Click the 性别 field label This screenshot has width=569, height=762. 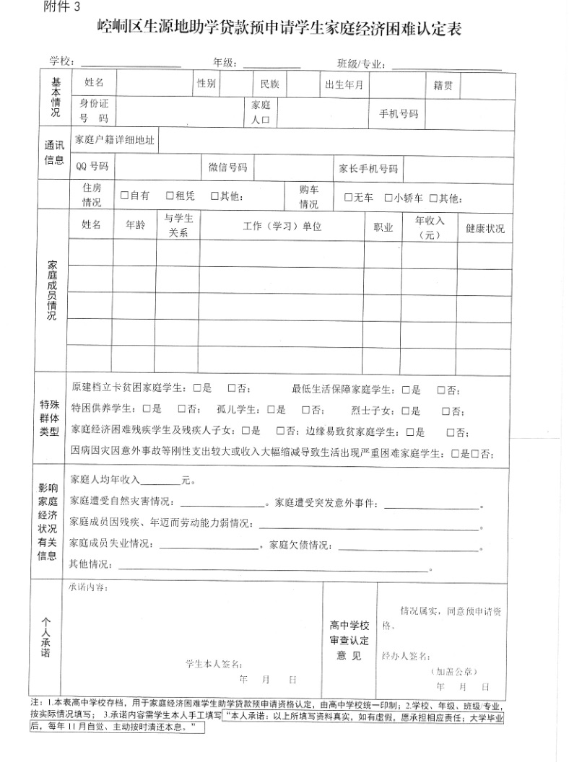[207, 84]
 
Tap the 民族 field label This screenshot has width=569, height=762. [269, 84]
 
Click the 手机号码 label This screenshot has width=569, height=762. [399, 114]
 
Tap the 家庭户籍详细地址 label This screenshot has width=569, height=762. [115, 141]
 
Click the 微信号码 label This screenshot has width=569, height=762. [228, 167]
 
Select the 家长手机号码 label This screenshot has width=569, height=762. [368, 169]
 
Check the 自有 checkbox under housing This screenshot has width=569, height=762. [125, 196]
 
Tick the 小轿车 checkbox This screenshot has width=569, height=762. [388, 198]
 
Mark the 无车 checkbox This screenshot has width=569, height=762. [348, 198]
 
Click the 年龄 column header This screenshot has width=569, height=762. [135, 225]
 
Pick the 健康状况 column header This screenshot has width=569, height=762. [485, 229]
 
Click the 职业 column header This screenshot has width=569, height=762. [383, 228]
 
